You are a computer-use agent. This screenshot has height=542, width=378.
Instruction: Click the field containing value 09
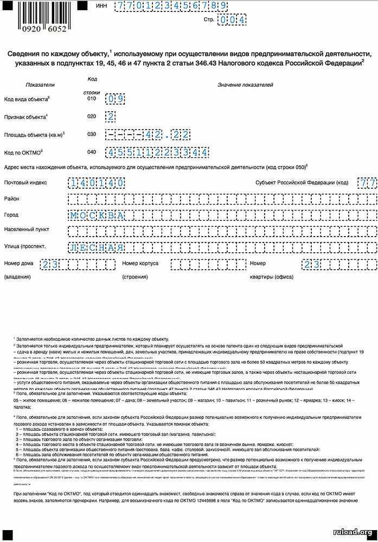point(116,99)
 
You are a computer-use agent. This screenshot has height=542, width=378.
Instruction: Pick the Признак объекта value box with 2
point(111,116)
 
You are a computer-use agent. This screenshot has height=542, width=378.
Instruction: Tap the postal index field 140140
point(97,183)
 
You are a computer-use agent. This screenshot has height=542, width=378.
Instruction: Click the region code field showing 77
point(367,183)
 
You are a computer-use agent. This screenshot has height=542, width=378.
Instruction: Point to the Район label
point(11,199)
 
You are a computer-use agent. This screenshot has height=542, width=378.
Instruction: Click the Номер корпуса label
point(140,264)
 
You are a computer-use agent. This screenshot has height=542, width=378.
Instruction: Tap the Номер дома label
point(18,264)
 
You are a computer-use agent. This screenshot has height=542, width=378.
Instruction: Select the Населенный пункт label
point(26,229)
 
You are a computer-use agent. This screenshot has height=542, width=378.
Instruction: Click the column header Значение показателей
point(245,85)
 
